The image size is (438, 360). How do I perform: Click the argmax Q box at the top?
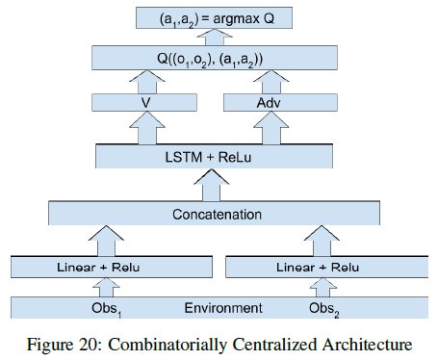219,16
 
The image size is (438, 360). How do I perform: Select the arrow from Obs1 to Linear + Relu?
108,287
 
